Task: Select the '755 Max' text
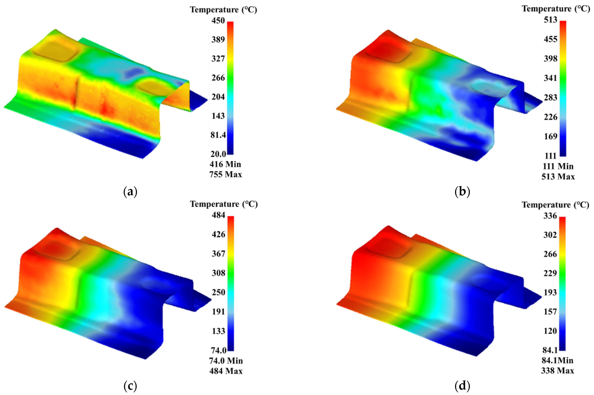pyautogui.click(x=226, y=174)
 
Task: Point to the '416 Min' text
pyautogui.click(x=225, y=164)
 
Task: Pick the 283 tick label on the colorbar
pyautogui.click(x=550, y=97)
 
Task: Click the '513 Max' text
pyautogui.click(x=558, y=177)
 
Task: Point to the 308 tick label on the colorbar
pyautogui.click(x=218, y=273)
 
